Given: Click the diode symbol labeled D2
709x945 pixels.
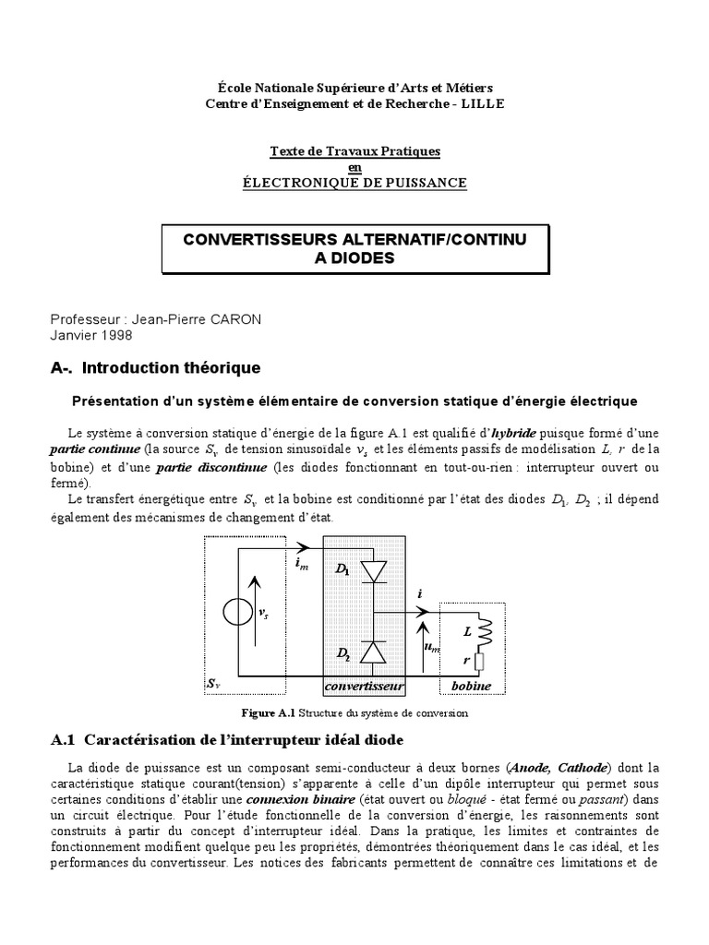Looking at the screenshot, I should pyautogui.click(x=374, y=652).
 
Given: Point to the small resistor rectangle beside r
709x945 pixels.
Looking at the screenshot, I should pyautogui.click(x=480, y=661).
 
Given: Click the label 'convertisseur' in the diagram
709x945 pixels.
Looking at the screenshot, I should pyautogui.click(x=366, y=688).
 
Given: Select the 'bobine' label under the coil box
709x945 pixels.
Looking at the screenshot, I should pyautogui.click(x=471, y=688).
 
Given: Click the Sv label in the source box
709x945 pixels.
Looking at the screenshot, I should pyautogui.click(x=212, y=685).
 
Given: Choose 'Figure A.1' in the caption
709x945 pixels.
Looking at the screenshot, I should pyautogui.click(x=267, y=713).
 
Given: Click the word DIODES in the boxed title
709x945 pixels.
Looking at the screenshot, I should pyautogui.click(x=355, y=258).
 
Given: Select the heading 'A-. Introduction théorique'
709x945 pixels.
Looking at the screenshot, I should pyautogui.click(x=155, y=368).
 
